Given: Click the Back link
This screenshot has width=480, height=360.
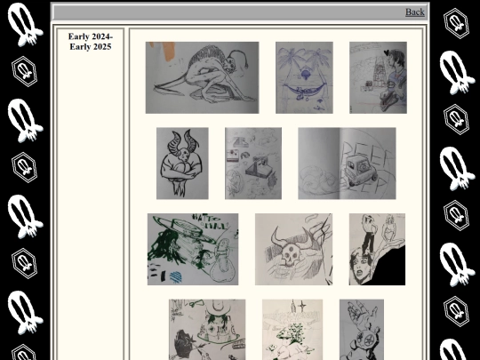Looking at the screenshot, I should coord(414,12).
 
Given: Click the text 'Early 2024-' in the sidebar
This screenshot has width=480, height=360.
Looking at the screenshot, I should coord(90,36).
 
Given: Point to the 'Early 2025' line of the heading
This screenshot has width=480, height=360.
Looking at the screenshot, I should coord(90,46).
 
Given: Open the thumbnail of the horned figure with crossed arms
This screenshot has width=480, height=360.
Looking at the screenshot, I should coord(182,164).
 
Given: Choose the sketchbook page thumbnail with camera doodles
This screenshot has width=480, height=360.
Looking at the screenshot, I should coord(252,164).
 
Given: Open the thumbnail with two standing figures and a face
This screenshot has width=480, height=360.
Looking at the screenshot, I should coord(377,249).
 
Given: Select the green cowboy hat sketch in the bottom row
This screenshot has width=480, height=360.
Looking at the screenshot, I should coord(207,329).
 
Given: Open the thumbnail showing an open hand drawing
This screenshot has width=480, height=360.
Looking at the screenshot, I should coord(362,329).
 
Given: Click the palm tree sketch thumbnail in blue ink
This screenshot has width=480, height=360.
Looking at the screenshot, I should coord(304,77).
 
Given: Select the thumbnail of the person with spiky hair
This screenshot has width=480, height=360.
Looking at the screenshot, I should coord(378,77).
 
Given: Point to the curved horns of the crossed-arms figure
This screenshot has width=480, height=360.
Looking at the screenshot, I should coord(183,139).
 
